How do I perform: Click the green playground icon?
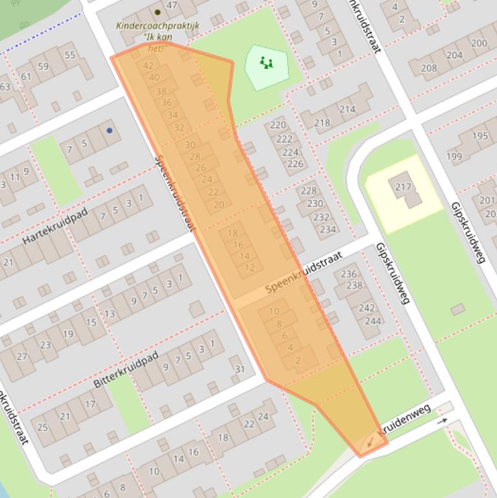click(x=266, y=63)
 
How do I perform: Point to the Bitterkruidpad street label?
click(x=126, y=370)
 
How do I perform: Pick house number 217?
click(x=403, y=187)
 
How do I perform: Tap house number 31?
click(x=240, y=369)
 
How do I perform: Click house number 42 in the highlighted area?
click(x=149, y=65)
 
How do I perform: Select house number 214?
click(x=347, y=109)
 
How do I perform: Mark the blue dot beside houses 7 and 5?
click(x=109, y=131)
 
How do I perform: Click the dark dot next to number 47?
click(x=157, y=12)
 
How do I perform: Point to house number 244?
click(x=373, y=321)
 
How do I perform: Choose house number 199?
click(x=454, y=156)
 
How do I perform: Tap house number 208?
click(x=428, y=68)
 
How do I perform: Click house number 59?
click(x=43, y=66)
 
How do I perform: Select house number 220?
click(x=278, y=125)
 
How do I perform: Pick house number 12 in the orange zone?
click(x=249, y=267)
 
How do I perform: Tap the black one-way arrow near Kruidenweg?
click(x=442, y=421)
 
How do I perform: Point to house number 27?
click(x=23, y=356)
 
